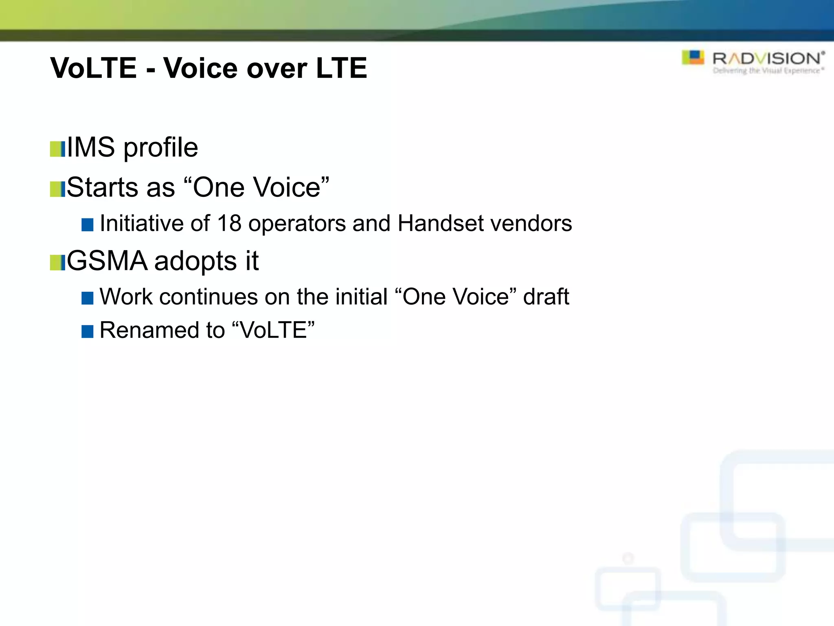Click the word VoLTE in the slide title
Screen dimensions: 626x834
(x=93, y=68)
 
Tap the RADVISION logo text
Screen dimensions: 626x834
(x=768, y=59)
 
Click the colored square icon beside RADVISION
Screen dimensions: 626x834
(x=693, y=57)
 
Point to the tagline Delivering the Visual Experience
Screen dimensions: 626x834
(x=768, y=71)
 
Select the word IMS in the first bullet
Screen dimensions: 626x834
(x=91, y=147)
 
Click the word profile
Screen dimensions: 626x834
(x=160, y=148)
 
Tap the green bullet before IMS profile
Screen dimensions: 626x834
(x=57, y=149)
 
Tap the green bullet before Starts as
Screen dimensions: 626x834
(x=57, y=189)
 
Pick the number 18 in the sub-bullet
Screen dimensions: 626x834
(x=229, y=223)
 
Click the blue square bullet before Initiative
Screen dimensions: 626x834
(x=88, y=225)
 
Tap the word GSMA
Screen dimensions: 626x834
(x=107, y=261)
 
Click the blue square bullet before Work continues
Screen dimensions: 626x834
(x=88, y=298)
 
